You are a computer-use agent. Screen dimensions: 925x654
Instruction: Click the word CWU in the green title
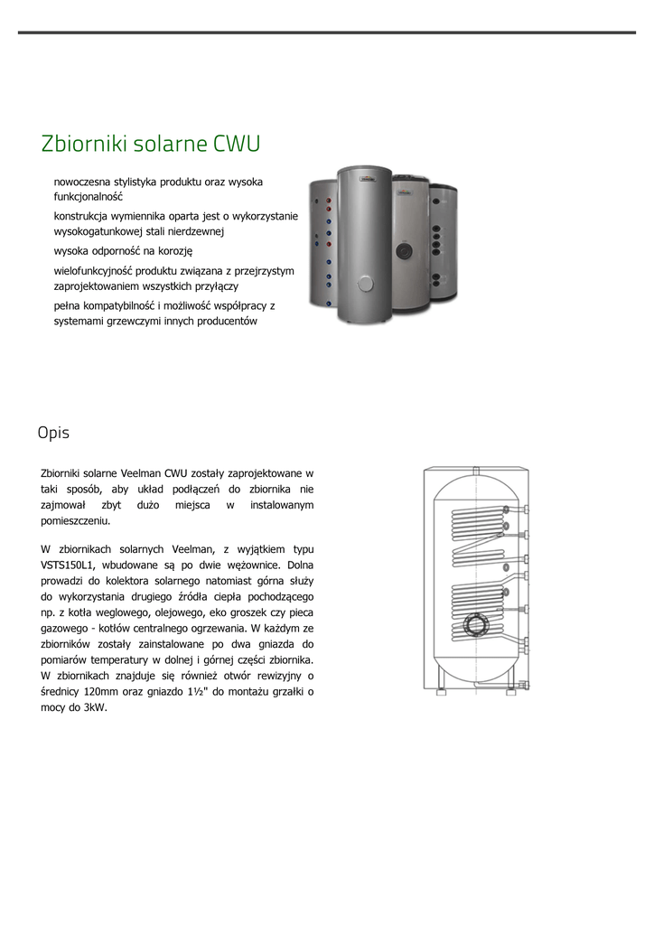(x=238, y=144)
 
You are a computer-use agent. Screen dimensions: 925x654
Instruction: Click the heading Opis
(x=53, y=433)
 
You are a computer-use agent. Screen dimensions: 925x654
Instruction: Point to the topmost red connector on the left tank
(x=330, y=201)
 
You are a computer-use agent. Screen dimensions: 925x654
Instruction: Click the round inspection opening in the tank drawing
(x=474, y=624)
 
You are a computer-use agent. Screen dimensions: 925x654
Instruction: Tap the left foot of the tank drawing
(x=441, y=680)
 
